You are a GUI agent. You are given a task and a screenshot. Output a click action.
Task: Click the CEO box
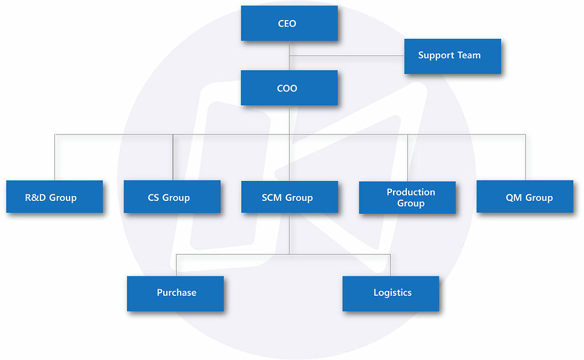289,24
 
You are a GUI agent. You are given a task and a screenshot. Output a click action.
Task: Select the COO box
289,88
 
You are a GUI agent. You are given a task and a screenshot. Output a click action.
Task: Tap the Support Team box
452,56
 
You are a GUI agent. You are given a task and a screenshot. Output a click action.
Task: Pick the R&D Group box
54,197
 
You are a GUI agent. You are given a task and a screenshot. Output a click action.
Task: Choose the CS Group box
172,197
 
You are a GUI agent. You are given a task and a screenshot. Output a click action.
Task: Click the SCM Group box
289,197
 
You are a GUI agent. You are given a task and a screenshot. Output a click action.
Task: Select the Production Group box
407,197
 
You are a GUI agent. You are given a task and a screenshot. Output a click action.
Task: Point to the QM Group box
524,197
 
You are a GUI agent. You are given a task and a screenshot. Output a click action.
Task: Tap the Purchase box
175,293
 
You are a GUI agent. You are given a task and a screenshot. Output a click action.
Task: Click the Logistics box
391,293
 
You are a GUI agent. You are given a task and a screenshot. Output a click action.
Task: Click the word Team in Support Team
469,55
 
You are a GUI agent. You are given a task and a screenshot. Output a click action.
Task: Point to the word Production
410,192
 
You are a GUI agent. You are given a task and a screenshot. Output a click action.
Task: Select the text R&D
36,197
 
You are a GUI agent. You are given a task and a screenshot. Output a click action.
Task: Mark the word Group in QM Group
539,197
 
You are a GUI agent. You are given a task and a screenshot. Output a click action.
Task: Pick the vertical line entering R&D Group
55,157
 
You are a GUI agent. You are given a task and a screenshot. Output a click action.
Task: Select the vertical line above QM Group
525,157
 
